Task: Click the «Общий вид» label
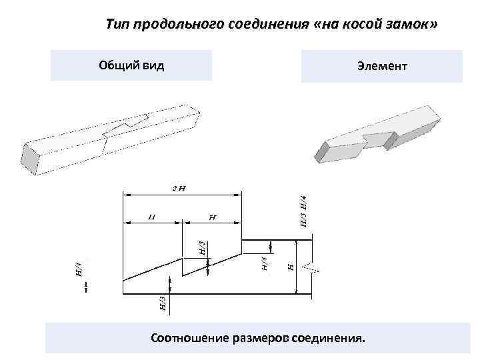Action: pyautogui.click(x=131, y=65)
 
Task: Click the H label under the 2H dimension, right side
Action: pyautogui.click(x=212, y=217)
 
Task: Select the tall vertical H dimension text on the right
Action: pyautogui.click(x=290, y=265)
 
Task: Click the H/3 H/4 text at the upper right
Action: pyautogui.click(x=303, y=211)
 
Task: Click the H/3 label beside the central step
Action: pyautogui.click(x=202, y=249)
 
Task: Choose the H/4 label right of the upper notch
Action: pyautogui.click(x=264, y=264)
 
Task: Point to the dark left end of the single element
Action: pyautogui.click(x=322, y=151)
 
